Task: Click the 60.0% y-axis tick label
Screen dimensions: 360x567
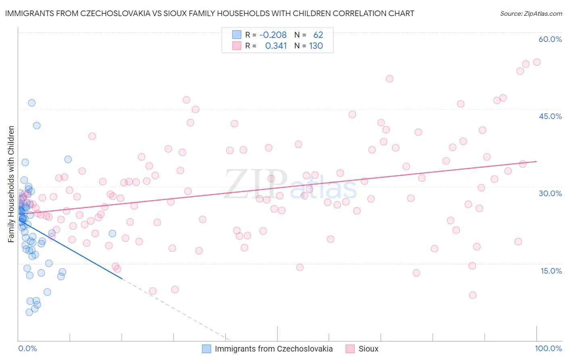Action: (550, 39)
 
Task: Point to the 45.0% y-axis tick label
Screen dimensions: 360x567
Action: (550, 116)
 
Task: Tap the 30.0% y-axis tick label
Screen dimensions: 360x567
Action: (550, 193)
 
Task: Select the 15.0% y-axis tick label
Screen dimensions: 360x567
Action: (551, 271)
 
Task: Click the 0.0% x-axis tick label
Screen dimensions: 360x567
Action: (27, 349)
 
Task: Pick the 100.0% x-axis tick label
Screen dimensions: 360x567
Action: (548, 349)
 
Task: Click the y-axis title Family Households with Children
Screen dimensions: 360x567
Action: (11, 184)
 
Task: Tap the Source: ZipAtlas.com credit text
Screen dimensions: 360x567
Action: (531, 14)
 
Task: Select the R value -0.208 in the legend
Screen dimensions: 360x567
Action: (273, 35)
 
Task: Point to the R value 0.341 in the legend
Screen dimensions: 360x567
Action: (276, 46)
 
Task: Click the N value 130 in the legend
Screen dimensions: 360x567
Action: (316, 46)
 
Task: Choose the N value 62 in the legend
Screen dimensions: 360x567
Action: (318, 35)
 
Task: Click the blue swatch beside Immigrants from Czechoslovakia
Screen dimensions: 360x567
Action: (206, 349)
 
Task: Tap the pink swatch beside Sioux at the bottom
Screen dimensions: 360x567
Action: (350, 349)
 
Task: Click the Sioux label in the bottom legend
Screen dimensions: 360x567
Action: (369, 349)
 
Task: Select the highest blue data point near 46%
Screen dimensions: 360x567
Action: (31, 103)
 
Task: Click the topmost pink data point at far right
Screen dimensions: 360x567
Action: (537, 62)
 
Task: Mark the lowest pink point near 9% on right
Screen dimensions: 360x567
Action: (473, 295)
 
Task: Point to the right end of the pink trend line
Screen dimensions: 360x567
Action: (536, 161)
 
